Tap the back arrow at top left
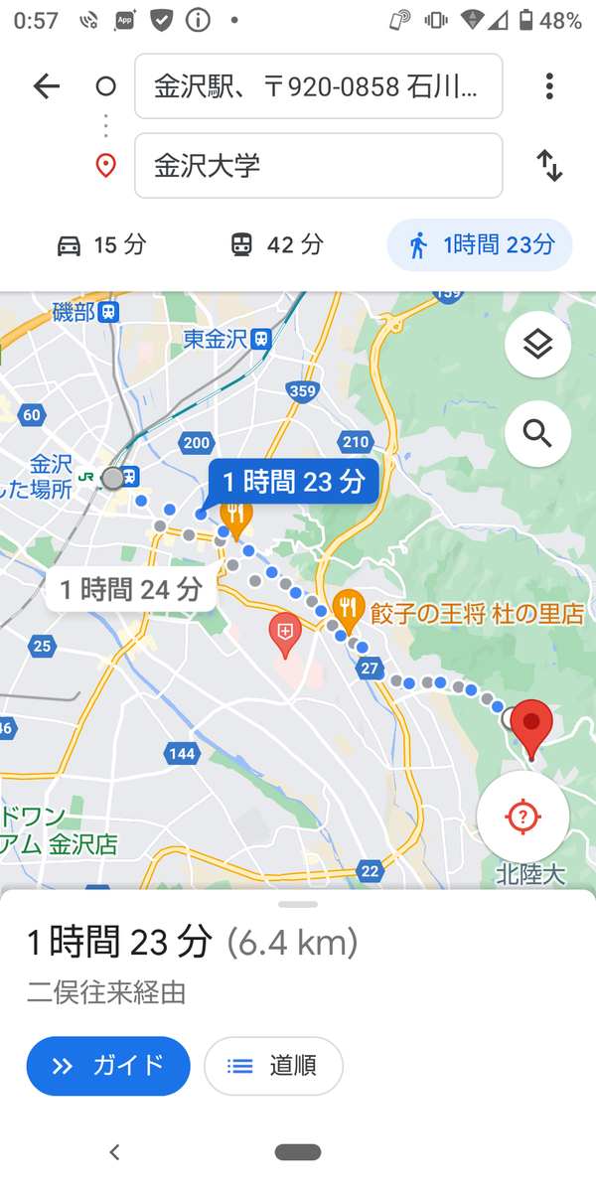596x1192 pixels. pos(47,86)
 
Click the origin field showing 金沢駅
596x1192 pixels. pos(318,86)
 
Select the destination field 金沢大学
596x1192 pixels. pos(318,165)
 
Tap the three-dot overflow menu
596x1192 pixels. pos(549,86)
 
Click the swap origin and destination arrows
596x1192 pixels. pos(549,165)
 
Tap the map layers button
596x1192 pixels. pos(537,345)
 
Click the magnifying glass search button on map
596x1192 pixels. pos(537,433)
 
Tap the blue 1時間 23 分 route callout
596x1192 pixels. pos(294,482)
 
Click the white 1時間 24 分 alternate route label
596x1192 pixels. pos(130,590)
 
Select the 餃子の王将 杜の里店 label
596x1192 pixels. pos(477,614)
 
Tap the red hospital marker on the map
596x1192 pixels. pos(285,633)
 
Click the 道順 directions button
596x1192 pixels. pos(273,1066)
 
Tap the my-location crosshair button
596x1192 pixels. pos(522,817)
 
